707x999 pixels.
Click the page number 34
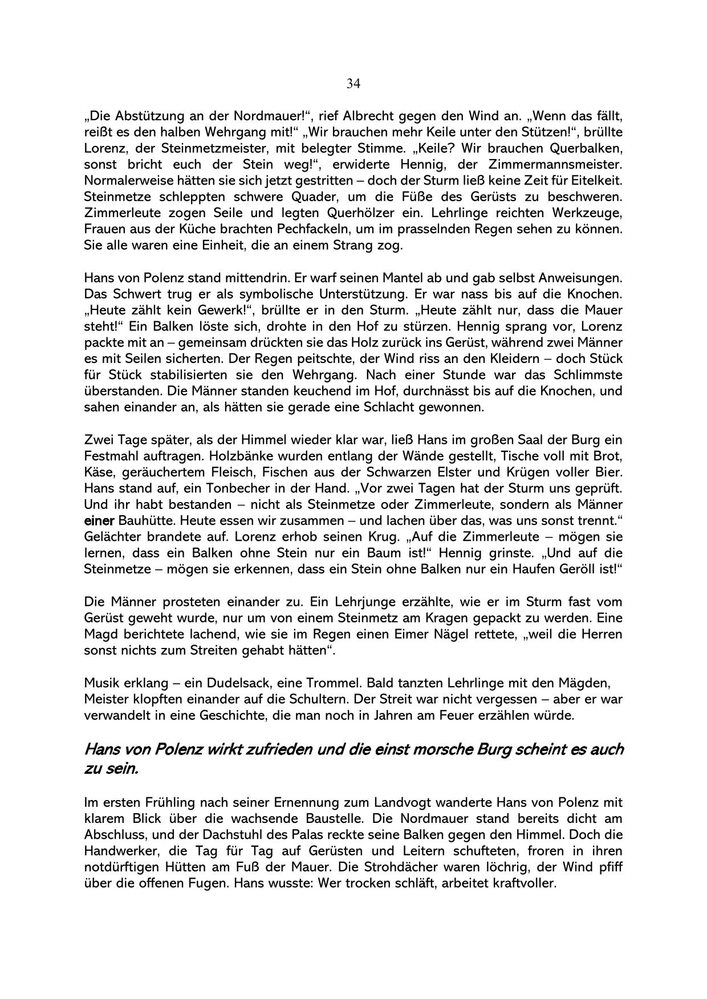tap(353, 84)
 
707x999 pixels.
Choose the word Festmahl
tap(110, 456)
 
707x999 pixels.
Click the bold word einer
tap(99, 521)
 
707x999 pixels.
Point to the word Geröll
tap(575, 569)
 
